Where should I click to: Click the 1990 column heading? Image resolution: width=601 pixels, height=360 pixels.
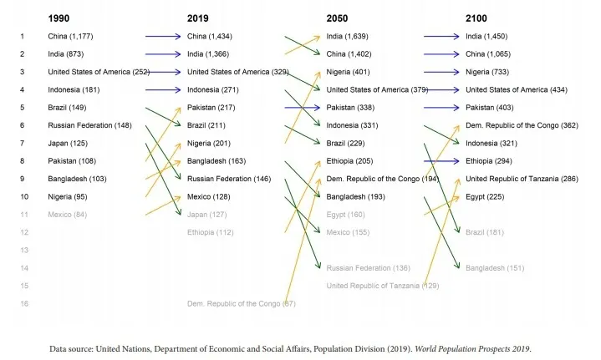59,18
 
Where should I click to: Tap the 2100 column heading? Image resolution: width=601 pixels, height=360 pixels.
477,18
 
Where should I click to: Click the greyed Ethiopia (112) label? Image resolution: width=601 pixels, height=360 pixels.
211,232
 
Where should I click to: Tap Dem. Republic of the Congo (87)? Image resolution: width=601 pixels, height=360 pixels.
242,304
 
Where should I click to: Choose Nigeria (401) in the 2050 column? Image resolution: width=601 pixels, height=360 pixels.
348,72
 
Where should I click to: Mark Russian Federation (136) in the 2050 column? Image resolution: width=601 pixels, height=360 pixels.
369,268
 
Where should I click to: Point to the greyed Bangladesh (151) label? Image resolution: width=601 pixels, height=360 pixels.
495,268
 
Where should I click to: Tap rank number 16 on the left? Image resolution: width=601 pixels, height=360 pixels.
22,304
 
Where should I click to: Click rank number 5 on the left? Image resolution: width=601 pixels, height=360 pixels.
22,108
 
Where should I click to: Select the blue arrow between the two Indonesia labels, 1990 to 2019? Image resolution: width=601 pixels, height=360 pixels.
163,89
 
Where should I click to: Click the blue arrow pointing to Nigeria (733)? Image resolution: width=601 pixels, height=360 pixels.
442,72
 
